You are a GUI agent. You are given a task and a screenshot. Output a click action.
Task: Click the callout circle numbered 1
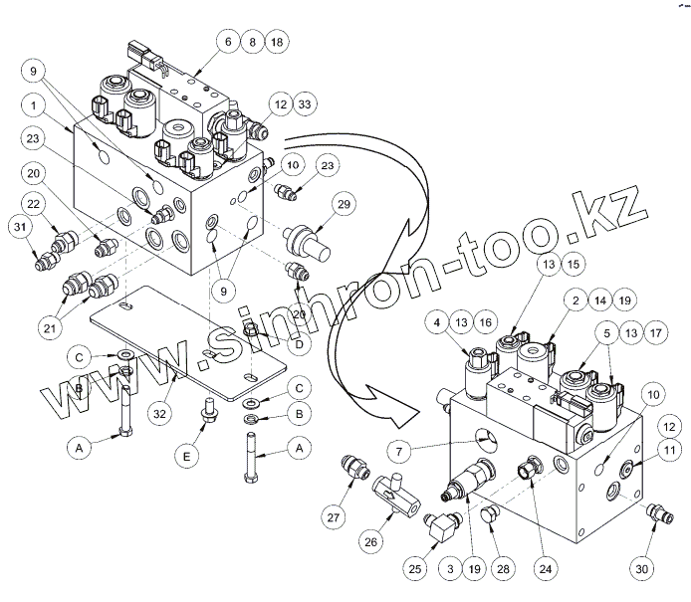(x=35, y=104)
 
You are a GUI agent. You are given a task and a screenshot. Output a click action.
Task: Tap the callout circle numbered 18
(x=276, y=43)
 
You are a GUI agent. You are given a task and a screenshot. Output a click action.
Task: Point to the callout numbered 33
(x=304, y=103)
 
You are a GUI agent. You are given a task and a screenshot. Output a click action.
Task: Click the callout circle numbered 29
(x=345, y=206)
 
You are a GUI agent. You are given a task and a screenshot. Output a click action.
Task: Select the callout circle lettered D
(x=298, y=344)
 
